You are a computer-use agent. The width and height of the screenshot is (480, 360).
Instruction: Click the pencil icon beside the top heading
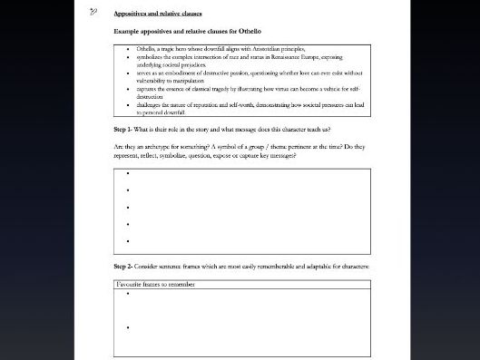pyautogui.click(x=93, y=12)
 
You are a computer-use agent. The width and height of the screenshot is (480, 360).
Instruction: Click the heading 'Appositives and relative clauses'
pyautogui.click(x=158, y=14)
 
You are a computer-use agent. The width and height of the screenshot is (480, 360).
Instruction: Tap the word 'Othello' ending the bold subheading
pyautogui.click(x=249, y=32)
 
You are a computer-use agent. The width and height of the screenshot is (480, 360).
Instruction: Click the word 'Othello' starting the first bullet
pyautogui.click(x=146, y=49)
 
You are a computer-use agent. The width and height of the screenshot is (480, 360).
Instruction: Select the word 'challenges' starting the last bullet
pyautogui.click(x=151, y=105)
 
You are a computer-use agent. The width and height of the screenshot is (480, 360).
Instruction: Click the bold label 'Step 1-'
pyautogui.click(x=124, y=130)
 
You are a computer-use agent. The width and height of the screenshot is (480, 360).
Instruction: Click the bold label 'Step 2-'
pyautogui.click(x=124, y=267)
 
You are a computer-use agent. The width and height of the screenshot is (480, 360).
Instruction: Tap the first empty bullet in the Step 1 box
pyautogui.click(x=128, y=173)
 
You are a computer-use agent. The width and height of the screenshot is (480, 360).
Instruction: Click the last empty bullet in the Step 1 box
pyautogui.click(x=128, y=241)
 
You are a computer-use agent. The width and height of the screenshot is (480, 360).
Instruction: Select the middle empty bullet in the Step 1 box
pyautogui.click(x=128, y=208)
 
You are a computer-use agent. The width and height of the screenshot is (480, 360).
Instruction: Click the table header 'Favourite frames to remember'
pyautogui.click(x=155, y=284)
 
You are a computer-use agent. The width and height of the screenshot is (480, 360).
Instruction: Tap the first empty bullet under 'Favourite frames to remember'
pyautogui.click(x=128, y=294)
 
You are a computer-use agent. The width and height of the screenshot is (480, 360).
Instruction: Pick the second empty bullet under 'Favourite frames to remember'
pyautogui.click(x=128, y=327)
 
